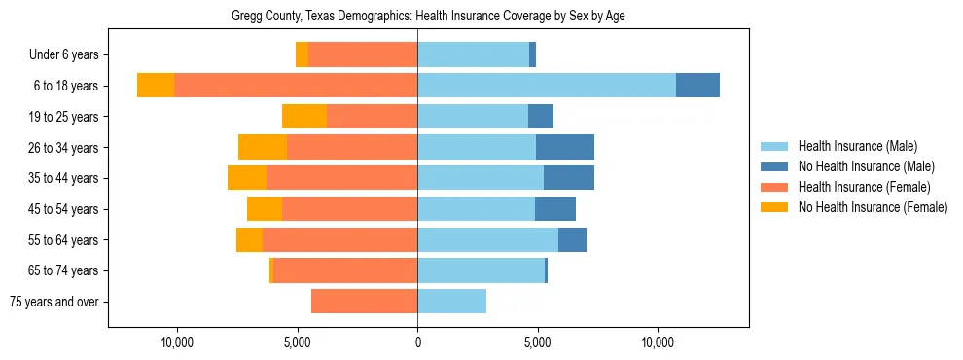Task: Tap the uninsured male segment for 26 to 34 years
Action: (565, 147)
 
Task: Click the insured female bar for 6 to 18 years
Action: (296, 86)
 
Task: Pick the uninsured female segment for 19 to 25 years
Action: (304, 117)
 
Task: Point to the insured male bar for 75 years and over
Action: (451, 302)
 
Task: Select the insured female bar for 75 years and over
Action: (364, 302)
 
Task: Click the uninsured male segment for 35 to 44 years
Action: (569, 178)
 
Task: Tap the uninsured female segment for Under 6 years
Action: (302, 54)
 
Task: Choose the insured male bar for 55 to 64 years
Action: (487, 239)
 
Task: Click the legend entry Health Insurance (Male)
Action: (857, 146)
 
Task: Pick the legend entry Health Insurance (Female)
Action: (864, 187)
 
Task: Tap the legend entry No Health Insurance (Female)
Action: (873, 207)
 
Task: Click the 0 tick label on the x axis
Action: (417, 342)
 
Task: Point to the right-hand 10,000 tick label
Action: (659, 342)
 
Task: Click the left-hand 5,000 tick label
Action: (297, 342)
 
